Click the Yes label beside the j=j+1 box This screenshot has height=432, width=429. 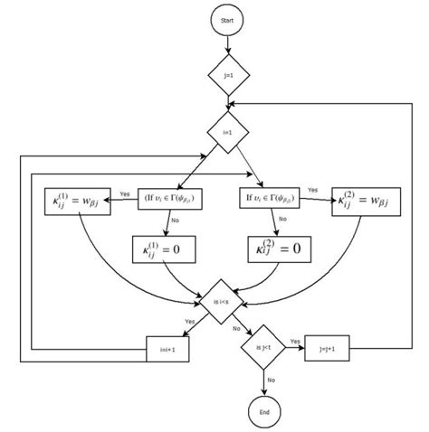pos(295,341)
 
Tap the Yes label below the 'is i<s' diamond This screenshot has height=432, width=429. pos(190,321)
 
